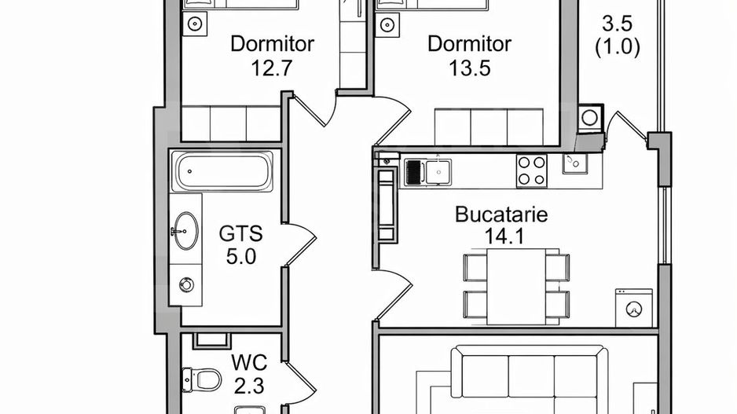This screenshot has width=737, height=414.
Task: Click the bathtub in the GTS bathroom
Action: pos(224,171)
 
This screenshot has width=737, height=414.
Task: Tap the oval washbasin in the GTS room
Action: pos(185,231)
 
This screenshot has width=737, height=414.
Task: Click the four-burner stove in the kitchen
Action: pos(531,170)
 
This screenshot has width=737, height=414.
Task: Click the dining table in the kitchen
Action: pos(515,285)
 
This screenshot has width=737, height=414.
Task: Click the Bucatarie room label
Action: pos(501,214)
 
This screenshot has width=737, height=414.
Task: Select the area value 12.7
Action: pos(272,68)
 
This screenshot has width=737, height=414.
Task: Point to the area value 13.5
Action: pos(470,68)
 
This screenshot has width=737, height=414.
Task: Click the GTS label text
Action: pos(240,234)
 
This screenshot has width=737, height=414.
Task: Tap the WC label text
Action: pos(250,363)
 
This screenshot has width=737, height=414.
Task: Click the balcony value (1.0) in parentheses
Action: pos(617,46)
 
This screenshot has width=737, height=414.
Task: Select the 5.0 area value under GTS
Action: pos(241,256)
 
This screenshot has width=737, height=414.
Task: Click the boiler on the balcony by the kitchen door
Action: pos(588,119)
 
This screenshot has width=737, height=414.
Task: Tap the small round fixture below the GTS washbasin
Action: pos(186,283)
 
